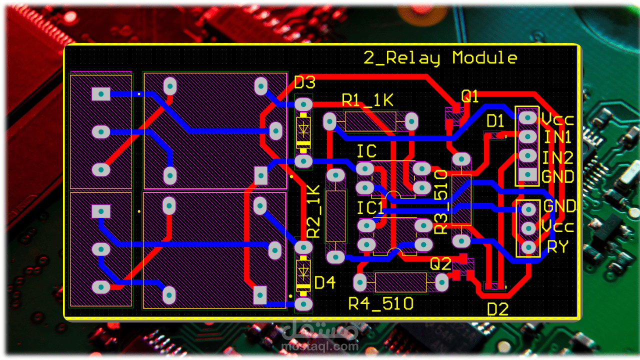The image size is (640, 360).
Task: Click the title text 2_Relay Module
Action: (440, 58)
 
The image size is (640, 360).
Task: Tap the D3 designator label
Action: (304, 82)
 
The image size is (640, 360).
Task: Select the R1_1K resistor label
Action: (367, 100)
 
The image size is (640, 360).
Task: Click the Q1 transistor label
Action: (469, 97)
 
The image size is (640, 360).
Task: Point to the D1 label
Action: (495, 121)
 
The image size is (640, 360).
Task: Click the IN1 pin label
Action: (558, 137)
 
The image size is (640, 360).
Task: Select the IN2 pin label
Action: (558, 158)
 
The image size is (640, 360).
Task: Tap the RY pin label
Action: (557, 246)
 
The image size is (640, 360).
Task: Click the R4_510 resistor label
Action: (381, 303)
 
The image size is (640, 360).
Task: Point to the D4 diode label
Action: (324, 283)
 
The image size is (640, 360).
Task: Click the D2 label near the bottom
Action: (497, 309)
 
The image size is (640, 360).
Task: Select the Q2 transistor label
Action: (441, 263)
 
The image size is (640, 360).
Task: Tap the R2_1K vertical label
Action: (313, 211)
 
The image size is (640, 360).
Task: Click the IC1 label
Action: (370, 208)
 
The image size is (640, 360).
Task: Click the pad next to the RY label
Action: (528, 247)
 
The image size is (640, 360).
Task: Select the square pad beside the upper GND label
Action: (527, 174)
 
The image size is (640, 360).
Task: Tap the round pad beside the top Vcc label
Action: (527, 117)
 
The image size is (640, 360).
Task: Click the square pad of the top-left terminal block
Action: (101, 94)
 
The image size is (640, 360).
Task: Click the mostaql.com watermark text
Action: (320, 345)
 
